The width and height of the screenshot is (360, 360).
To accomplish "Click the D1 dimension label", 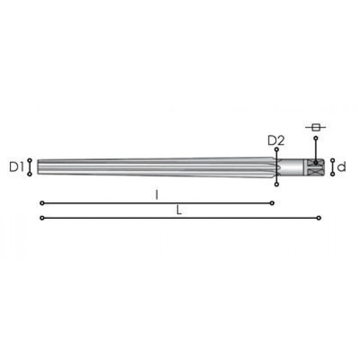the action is point(16,167).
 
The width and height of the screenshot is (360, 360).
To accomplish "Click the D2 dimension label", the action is point(276,140).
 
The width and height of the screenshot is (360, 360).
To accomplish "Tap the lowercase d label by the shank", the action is point(342,167).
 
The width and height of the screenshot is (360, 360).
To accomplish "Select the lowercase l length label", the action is point(157,195).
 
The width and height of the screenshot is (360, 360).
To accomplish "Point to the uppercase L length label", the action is point(179,210).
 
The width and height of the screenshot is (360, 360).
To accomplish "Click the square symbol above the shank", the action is point(316,127).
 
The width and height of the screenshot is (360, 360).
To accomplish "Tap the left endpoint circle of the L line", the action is point(42,218).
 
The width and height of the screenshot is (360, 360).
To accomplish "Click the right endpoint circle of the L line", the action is point(319,218).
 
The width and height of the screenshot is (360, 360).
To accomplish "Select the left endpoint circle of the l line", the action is point(42,203).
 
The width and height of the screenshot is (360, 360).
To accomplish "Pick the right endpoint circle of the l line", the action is point(272,203).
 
